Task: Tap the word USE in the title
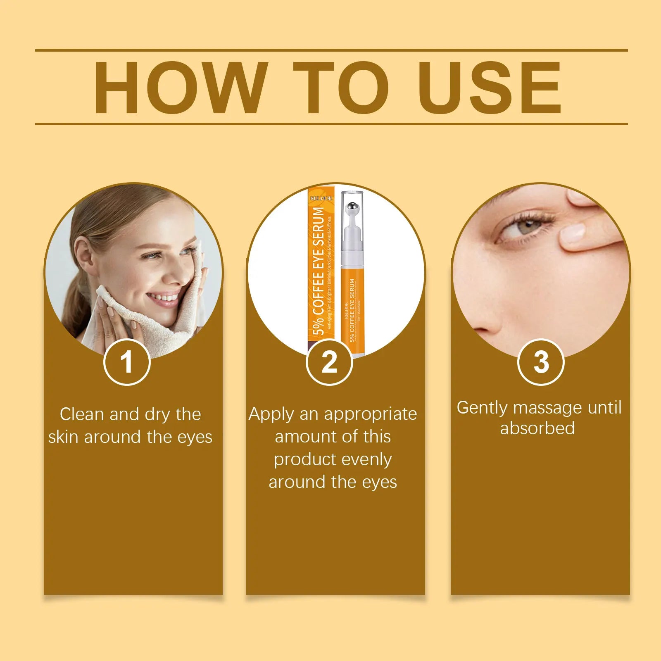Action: pos(489,88)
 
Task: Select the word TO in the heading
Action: pos(340,88)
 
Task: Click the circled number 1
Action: pos(126,362)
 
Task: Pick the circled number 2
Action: pos(329,362)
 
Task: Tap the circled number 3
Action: pos(541,362)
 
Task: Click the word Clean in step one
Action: pos(81,414)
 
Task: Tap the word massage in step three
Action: pos(547,408)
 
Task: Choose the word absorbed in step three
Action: pos(537,428)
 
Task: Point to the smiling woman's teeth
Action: pos(164,297)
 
